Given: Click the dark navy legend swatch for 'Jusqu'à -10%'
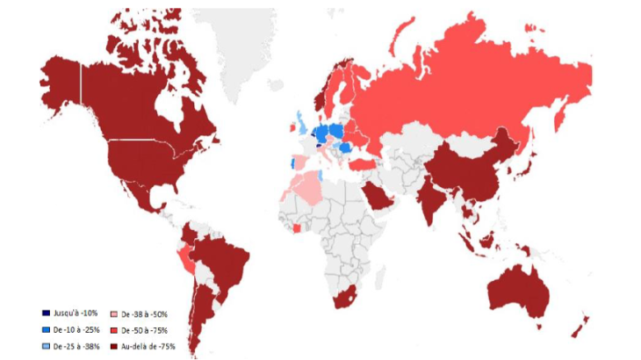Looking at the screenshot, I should [x=46, y=313].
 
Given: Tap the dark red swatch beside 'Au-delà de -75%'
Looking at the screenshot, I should [x=114, y=347].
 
